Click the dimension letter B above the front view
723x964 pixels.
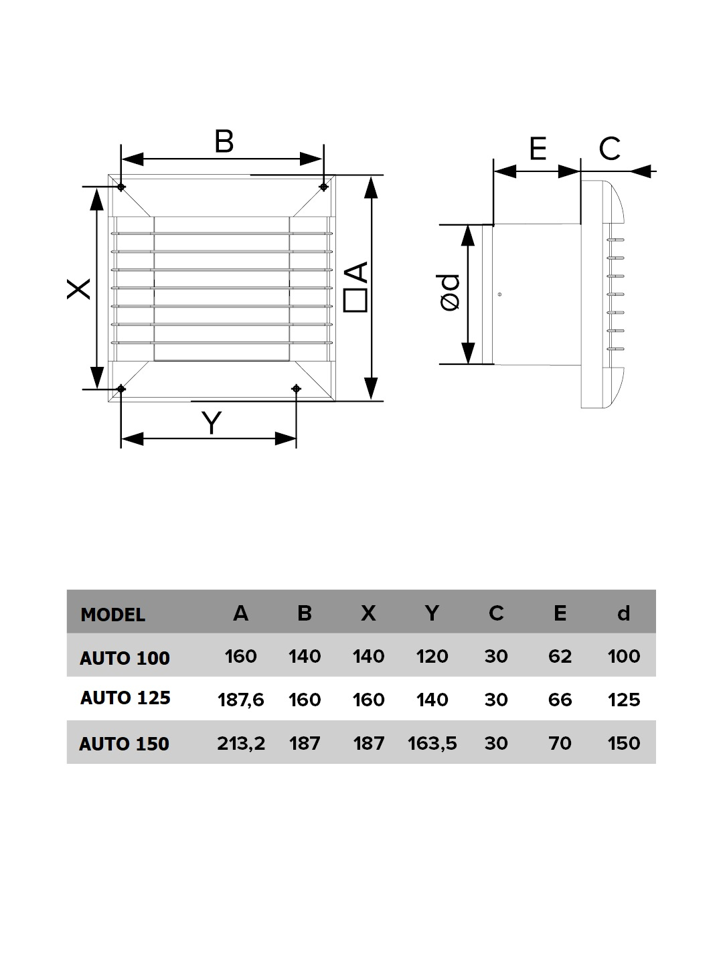[224, 142]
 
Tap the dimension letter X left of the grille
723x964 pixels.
[79, 289]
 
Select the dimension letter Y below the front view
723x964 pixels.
[212, 423]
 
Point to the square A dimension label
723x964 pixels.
[356, 287]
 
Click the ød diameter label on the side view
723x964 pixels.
[450, 293]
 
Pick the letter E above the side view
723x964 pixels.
[538, 149]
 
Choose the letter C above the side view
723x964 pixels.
[609, 149]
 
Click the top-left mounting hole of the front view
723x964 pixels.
[120, 186]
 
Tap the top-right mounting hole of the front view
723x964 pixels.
[324, 186]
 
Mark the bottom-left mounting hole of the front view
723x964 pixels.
[120, 388]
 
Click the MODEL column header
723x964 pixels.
[112, 615]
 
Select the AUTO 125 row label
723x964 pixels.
[125, 698]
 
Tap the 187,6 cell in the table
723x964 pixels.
[240, 700]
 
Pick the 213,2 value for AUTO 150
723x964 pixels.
[241, 743]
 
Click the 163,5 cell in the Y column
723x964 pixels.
[432, 743]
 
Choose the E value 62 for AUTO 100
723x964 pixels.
[560, 656]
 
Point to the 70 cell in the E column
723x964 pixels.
[560, 743]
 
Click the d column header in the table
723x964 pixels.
[623, 613]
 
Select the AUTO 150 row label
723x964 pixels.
[124, 744]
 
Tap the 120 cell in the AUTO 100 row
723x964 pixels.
[432, 656]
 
